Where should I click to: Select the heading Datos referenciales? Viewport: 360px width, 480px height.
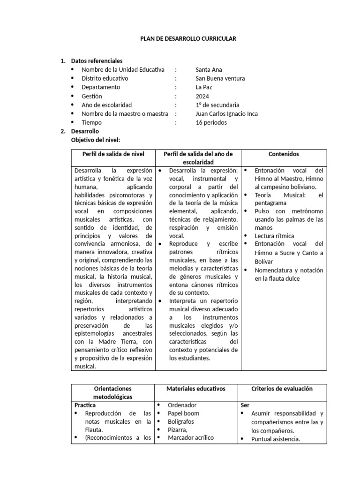97,61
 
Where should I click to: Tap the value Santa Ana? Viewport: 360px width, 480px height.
209,70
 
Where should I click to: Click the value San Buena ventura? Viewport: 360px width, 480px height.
220,78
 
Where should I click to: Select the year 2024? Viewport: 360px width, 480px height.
202,96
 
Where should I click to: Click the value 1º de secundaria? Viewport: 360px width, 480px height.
217,105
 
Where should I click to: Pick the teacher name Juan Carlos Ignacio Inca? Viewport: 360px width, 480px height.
226,113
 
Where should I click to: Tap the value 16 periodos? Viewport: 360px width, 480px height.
211,122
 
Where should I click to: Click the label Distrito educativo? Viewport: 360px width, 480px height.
105,78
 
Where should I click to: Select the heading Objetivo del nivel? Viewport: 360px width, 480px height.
95,140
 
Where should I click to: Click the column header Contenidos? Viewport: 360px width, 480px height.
284,154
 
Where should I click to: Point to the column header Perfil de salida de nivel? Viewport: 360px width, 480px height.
113,154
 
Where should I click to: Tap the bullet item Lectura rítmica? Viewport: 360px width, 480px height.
274,236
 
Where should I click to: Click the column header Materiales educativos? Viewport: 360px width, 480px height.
196,389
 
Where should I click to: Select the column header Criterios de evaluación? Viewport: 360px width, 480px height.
282,389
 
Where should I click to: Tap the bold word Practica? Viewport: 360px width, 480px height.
85,405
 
